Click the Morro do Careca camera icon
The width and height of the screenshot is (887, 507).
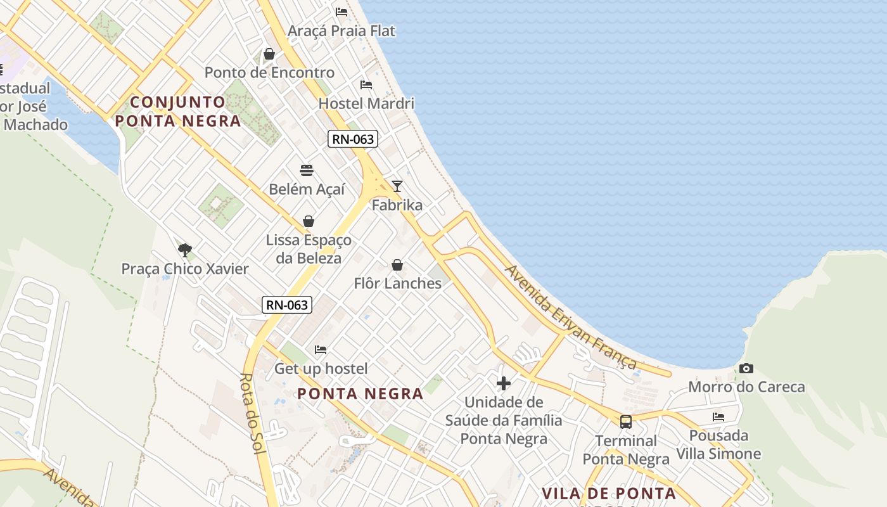click(746, 368)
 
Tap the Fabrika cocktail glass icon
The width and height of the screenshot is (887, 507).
click(397, 186)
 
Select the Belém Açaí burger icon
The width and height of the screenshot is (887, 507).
click(307, 170)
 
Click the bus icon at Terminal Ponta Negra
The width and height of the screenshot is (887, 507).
click(626, 421)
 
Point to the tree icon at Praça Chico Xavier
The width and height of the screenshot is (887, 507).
click(184, 250)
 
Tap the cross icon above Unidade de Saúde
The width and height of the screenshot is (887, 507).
click(504, 383)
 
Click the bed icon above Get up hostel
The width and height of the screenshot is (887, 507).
click(321, 350)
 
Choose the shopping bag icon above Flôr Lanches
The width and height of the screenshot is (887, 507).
click(397, 264)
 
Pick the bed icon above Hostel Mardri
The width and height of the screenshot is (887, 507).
click(366, 84)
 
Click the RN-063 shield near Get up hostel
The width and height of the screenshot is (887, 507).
click(287, 305)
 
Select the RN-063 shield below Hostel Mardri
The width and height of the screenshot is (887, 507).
click(353, 139)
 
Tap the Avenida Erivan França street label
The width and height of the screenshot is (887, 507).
click(570, 316)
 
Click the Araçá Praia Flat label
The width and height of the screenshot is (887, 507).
click(341, 30)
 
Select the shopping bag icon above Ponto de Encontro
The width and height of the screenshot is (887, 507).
click(269, 54)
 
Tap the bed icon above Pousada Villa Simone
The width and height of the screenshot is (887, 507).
click(718, 417)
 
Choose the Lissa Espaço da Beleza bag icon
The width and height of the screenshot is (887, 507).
click(309, 221)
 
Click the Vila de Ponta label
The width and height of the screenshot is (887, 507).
click(609, 493)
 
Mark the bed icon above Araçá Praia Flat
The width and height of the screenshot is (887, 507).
click(341, 11)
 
